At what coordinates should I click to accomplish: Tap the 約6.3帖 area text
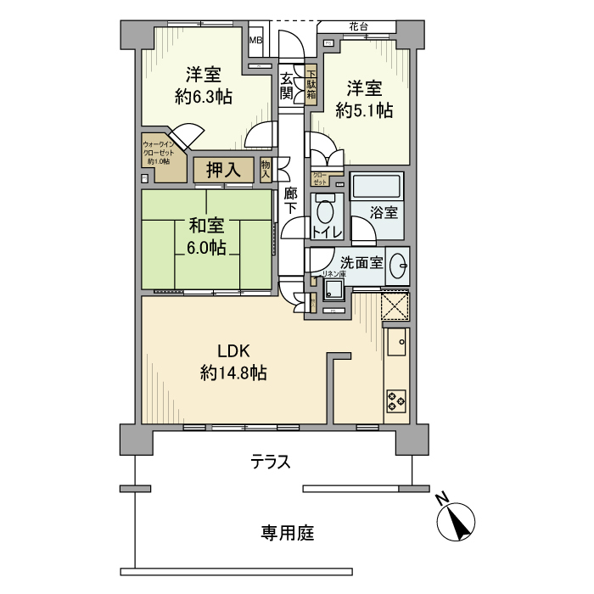coord(204,97)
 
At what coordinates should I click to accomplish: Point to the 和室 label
coord(206,227)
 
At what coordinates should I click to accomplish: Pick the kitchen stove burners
coord(395,398)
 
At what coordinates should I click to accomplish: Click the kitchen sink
coord(397,342)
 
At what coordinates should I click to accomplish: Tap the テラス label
coord(271,462)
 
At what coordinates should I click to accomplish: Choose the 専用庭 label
coord(287,533)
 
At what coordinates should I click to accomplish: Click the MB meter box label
coord(255,39)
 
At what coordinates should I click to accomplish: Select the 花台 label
coord(357,27)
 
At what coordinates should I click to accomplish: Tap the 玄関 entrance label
coord(288,86)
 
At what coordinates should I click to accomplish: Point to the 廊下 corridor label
coord(291,200)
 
